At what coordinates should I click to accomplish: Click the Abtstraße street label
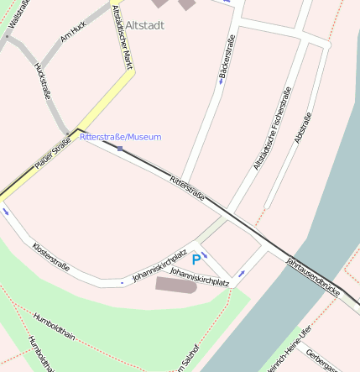click(x=303, y=128)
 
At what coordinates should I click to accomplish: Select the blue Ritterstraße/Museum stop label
click(x=121, y=137)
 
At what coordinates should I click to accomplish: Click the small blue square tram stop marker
click(x=120, y=149)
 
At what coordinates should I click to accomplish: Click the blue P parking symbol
click(x=196, y=260)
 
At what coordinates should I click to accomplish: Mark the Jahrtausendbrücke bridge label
click(x=313, y=277)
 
